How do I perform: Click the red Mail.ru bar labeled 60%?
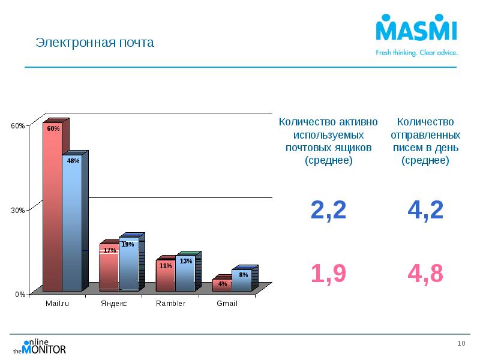pyautogui.click(x=52, y=207)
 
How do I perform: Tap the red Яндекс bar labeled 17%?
pyautogui.click(x=109, y=268)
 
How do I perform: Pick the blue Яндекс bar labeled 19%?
pyautogui.click(x=128, y=264)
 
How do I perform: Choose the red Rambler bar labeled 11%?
pyautogui.click(x=166, y=276)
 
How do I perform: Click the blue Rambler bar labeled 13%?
pyautogui.click(x=185, y=274)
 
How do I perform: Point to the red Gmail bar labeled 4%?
pyautogui.click(x=222, y=284)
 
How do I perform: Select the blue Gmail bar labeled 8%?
pyautogui.click(x=241, y=280)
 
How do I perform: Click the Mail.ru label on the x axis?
pyautogui.click(x=58, y=304)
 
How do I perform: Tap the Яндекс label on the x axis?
pyautogui.click(x=113, y=304)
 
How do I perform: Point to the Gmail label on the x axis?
pyautogui.click(x=227, y=304)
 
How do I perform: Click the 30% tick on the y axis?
pyautogui.click(x=17, y=210)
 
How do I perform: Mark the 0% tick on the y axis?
pyautogui.click(x=19, y=295)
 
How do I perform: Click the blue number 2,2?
pyautogui.click(x=328, y=210)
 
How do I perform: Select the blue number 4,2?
pyautogui.click(x=425, y=210)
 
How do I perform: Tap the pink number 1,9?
pyautogui.click(x=328, y=274)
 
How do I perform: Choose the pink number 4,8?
pyautogui.click(x=425, y=274)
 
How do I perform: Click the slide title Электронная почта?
pyautogui.click(x=95, y=43)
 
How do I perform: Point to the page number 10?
pyautogui.click(x=461, y=343)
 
